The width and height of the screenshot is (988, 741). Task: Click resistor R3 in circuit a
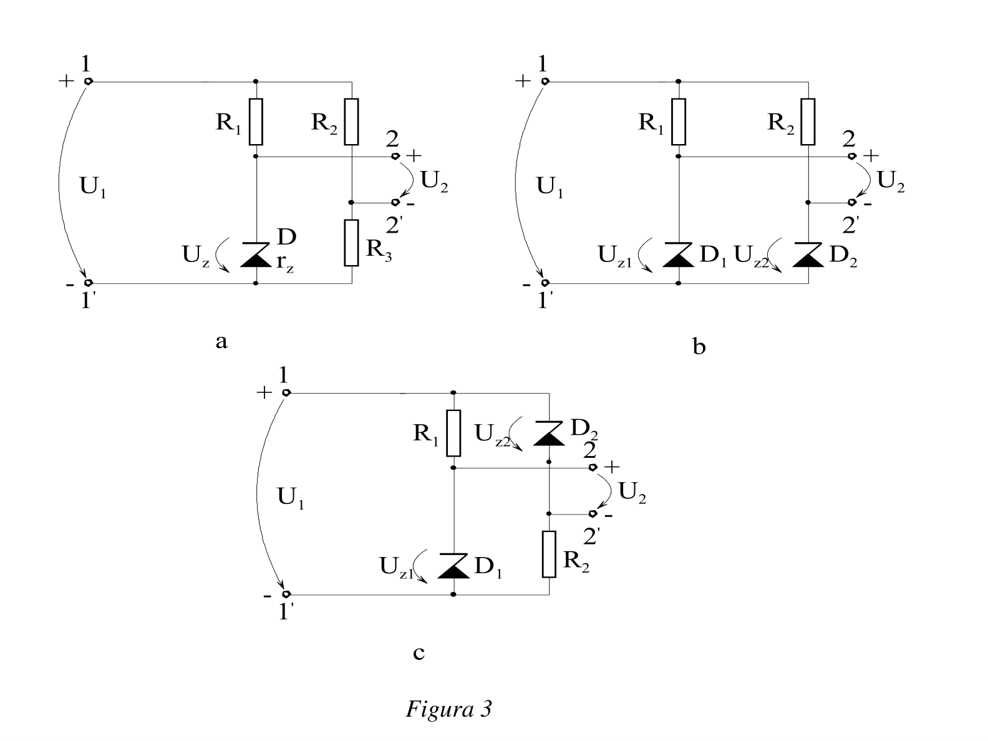tap(351, 243)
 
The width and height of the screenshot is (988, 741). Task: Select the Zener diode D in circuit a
tap(256, 255)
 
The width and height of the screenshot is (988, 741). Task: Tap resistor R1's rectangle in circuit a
tap(256, 122)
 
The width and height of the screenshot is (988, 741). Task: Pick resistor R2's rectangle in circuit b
tap(808, 122)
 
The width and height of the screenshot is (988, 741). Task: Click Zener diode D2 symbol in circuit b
tap(808, 255)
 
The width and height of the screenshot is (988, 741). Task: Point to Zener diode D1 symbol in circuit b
tap(679, 255)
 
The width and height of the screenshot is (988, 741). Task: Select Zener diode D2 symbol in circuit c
tap(549, 433)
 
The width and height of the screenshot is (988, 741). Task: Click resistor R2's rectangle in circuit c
tap(549, 554)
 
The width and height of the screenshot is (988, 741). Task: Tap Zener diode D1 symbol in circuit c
tap(453, 566)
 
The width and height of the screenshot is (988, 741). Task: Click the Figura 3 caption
tap(448, 709)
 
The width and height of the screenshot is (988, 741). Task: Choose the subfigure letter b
tap(699, 346)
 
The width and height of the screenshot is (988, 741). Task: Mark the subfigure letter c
tap(419, 652)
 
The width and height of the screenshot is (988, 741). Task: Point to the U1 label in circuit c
tap(291, 498)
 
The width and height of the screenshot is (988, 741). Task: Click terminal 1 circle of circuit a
tap(89, 82)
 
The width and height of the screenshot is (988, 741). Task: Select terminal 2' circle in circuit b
tap(851, 203)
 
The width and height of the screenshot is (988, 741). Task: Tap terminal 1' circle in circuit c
tap(286, 595)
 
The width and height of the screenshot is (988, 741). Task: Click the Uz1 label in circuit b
tap(614, 256)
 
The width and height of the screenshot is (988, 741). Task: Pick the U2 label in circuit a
tap(434, 182)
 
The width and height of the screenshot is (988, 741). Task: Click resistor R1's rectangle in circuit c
tap(453, 433)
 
